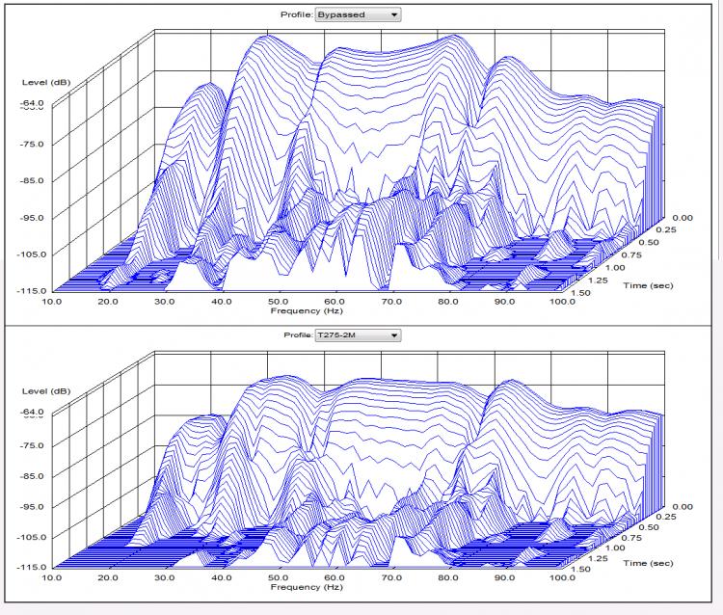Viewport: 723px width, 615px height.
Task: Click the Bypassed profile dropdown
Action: tap(358, 15)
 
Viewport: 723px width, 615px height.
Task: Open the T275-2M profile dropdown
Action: tap(358, 335)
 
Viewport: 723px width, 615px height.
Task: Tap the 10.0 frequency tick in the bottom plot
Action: tap(52, 576)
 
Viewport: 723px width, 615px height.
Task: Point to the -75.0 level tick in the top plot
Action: tap(32, 144)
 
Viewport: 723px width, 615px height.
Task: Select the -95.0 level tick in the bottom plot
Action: tap(32, 506)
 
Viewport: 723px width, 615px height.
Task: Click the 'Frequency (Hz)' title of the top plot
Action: tap(307, 311)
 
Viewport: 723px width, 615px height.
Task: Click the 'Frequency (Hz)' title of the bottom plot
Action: tap(307, 586)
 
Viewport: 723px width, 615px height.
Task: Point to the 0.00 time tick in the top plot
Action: tap(681, 218)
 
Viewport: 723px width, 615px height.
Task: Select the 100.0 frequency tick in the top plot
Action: tap(561, 302)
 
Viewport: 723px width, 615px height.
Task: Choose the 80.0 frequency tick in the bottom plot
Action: tap(448, 576)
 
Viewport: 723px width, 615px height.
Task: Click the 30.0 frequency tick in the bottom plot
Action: tap(166, 576)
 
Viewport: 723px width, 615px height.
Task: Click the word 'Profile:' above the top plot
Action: tap(297, 15)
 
